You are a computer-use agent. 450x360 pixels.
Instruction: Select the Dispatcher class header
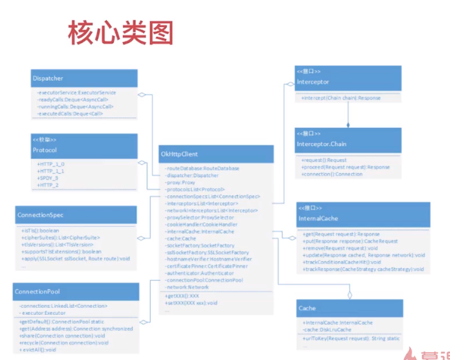(49, 78)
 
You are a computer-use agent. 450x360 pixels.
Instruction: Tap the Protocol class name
(44, 150)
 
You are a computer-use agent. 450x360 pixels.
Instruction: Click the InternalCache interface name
(318, 219)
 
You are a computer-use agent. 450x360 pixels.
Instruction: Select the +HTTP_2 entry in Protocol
(49, 184)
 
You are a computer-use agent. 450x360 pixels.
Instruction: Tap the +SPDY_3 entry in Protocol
(49, 178)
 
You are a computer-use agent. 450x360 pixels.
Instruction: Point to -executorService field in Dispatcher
(76, 92)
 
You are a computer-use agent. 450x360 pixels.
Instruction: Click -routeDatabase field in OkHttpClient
(202, 168)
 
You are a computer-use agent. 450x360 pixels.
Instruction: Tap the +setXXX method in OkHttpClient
(191, 302)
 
